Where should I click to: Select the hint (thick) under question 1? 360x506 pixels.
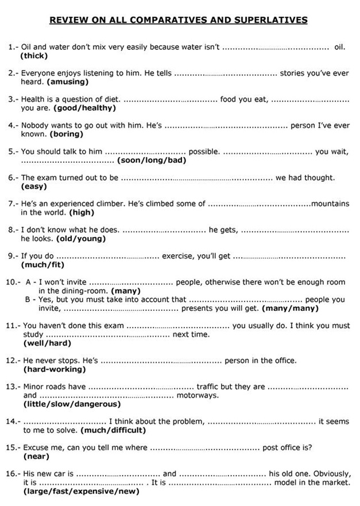click(34, 56)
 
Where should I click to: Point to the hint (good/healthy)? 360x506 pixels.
click(84, 108)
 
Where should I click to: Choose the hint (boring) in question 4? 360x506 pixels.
click(66, 134)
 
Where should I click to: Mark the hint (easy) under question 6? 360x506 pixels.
click(34, 186)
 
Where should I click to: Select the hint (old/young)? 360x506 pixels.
click(80, 238)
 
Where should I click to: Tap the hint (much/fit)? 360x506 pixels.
click(42, 264)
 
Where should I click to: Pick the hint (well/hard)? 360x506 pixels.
click(47, 343)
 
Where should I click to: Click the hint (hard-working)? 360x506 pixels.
click(54, 369)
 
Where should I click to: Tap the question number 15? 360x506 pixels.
click(14, 447)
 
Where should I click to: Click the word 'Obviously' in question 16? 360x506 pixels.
click(330, 474)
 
